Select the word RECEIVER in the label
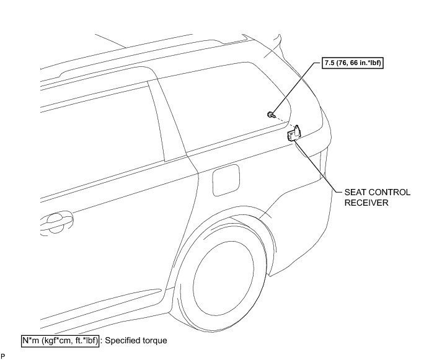[366, 202]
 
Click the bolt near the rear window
[272, 114]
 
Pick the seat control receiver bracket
[293, 133]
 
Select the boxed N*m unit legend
[60, 340]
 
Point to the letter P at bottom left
[3, 356]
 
